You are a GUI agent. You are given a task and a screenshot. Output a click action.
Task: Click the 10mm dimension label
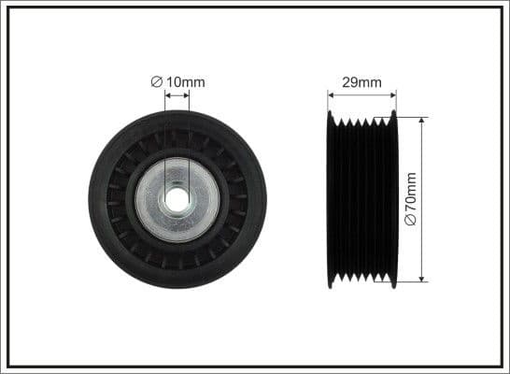coord(185,82)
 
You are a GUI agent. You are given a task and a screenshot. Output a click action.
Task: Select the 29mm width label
coord(361,82)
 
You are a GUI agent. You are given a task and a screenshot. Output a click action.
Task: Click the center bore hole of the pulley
coord(177,199)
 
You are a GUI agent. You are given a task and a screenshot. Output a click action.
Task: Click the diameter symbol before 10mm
coord(157,82)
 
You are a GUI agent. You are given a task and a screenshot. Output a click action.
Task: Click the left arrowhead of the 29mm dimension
coord(331,93)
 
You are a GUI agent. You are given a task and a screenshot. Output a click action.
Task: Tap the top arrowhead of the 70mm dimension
coord(421,122)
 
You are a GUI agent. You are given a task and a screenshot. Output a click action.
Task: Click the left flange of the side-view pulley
coord(331,199)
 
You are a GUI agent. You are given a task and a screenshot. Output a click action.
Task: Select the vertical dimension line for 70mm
coord(421,168)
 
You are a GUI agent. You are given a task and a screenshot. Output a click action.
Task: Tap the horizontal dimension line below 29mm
coord(361,93)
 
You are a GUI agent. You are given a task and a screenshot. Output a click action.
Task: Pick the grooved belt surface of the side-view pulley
coord(361,199)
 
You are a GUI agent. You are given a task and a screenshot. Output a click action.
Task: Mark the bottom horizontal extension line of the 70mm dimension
coord(411,281)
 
